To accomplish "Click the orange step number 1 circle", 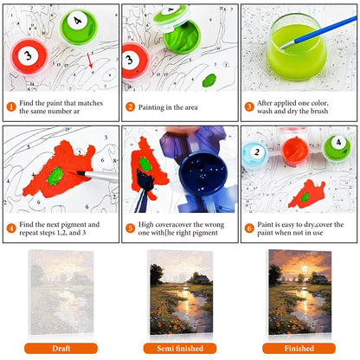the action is click(x=11, y=107).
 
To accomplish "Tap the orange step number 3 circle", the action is click(x=249, y=107).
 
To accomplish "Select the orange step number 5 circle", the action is click(x=130, y=228).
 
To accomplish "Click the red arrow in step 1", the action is click(x=90, y=61).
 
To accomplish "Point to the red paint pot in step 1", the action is click(x=29, y=56).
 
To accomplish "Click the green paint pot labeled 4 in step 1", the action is click(x=79, y=27).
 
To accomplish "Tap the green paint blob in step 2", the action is click(x=209, y=80).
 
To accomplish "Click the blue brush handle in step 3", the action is click(x=320, y=31).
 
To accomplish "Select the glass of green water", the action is click(x=297, y=47).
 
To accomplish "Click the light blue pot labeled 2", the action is click(x=255, y=155).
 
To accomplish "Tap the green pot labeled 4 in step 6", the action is click(x=337, y=149).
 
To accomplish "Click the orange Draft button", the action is click(x=61, y=348).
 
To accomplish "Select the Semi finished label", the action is click(x=180, y=348).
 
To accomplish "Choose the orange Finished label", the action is click(x=299, y=348).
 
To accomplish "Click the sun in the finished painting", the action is click(x=305, y=269).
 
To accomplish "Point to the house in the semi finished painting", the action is click(x=201, y=280).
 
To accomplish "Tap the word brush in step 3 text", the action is click(x=319, y=111).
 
